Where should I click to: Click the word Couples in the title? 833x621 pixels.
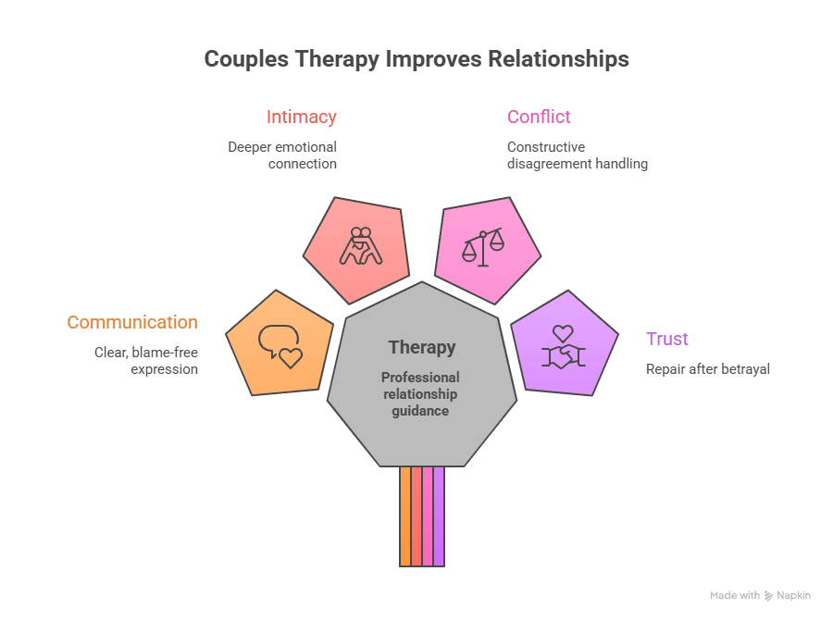click(x=243, y=59)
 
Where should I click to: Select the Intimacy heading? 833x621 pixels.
click(x=302, y=118)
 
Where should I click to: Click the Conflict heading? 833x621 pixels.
click(x=539, y=118)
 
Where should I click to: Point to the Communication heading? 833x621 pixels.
click(x=132, y=322)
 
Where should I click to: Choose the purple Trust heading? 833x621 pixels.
click(x=667, y=339)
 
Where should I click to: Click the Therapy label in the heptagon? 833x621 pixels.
click(x=422, y=348)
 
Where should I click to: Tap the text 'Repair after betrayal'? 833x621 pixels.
click(x=708, y=369)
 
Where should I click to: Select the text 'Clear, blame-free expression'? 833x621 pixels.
click(x=146, y=361)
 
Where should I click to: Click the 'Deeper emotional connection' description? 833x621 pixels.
click(x=282, y=155)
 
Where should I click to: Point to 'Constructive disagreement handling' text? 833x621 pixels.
click(x=577, y=155)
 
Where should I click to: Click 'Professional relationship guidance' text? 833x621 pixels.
click(x=420, y=393)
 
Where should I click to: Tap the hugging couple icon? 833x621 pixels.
click(x=360, y=246)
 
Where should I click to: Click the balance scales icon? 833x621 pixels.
click(x=483, y=247)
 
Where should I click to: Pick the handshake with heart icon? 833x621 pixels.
click(x=563, y=347)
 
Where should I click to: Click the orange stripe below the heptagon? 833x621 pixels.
click(x=405, y=515)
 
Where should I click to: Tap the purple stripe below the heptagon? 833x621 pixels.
click(x=439, y=515)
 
